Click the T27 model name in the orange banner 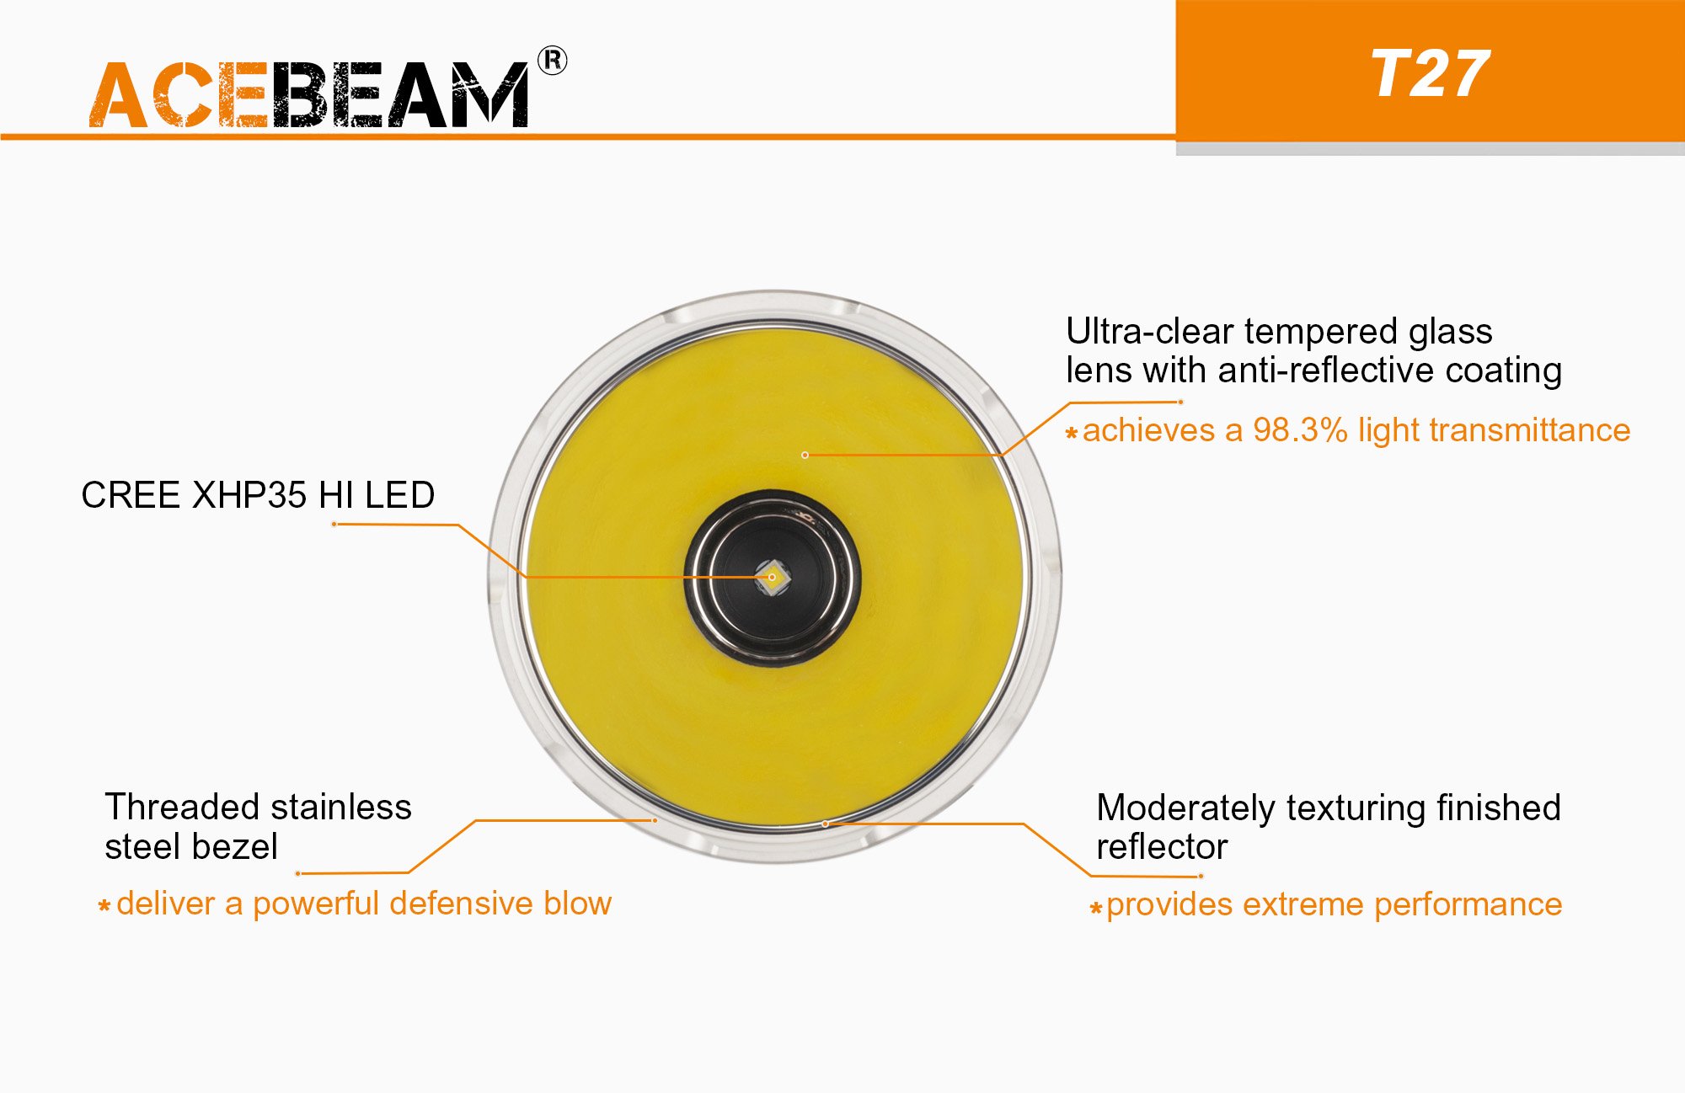pos(1431,74)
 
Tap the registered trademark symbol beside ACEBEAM pos(553,61)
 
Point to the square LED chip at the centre pos(772,578)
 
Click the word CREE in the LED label pos(132,495)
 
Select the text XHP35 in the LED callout pos(249,495)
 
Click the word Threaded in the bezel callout pos(175,807)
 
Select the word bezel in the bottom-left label pos(238,846)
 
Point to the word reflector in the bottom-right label pos(1162,847)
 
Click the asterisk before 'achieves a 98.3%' pos(1072,434)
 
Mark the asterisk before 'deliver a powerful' pos(104,907)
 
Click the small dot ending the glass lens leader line pos(805,455)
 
